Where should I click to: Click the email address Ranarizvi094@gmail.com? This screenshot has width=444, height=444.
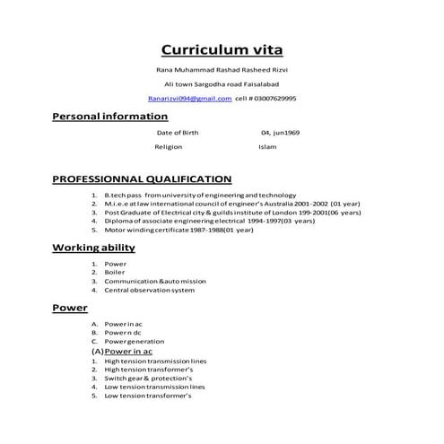tap(190, 98)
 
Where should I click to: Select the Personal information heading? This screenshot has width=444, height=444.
tap(109, 117)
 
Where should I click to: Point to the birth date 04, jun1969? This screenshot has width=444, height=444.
tap(280, 132)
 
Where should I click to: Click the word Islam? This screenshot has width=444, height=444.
tap(268, 146)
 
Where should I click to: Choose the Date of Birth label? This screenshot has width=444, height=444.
tap(178, 132)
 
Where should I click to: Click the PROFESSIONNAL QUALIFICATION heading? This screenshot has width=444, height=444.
tap(142, 178)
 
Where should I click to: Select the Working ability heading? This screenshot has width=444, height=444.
tap(93, 248)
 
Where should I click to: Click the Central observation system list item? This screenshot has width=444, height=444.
tap(149, 290)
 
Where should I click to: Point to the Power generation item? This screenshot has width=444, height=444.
tap(134, 342)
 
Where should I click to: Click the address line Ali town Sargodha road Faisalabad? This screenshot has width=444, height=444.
tap(221, 83)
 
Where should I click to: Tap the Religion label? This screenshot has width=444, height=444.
tap(169, 146)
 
